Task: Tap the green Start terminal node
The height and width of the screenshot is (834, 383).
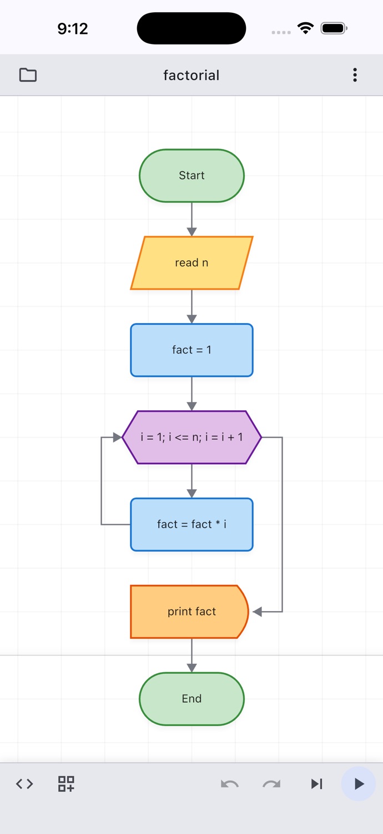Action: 191,176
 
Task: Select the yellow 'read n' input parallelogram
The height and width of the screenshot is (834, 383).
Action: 191,263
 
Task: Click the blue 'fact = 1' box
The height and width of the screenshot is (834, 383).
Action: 191,350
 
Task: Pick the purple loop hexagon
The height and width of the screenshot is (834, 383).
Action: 191,437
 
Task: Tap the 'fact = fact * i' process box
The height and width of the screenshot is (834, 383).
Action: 191,524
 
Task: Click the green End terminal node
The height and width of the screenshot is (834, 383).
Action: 191,699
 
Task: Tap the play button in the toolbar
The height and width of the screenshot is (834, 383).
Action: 359,784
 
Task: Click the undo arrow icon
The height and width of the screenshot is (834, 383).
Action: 230,784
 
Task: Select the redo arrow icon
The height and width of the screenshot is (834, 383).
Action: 271,784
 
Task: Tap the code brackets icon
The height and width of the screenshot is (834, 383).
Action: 24,784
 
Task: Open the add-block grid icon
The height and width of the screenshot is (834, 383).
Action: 66,784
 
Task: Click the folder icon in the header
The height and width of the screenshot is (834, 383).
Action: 28,75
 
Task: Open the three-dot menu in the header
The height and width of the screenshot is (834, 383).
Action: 355,75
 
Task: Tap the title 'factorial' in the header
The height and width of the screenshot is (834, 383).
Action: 191,75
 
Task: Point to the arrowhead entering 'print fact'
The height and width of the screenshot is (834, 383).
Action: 258,612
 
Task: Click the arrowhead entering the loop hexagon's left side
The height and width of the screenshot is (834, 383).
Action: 117,437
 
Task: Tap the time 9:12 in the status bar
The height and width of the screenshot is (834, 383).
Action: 73,29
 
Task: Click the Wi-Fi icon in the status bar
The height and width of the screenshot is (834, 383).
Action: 305,28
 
